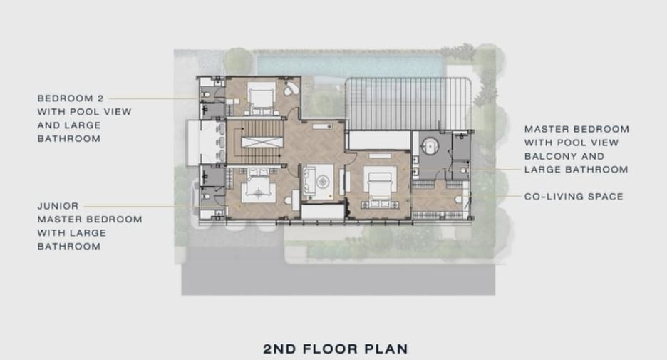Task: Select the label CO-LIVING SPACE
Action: click(574, 197)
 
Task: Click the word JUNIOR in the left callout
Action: click(58, 206)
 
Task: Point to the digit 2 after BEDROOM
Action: click(100, 98)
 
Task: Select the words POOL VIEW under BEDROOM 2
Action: click(99, 112)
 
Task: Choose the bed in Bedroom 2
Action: click(261, 97)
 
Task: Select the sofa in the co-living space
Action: click(309, 182)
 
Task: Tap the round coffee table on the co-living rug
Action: click(323, 182)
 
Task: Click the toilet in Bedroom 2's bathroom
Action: click(206, 94)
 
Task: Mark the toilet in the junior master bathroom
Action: click(206, 197)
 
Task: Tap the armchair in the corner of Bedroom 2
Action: click(292, 88)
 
